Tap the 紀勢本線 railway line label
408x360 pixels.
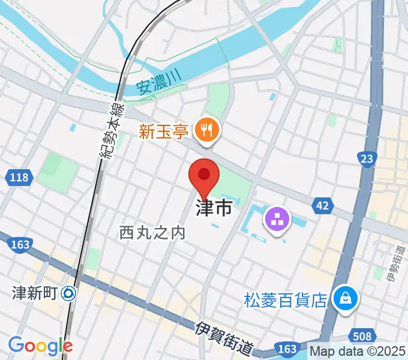click(x=113, y=131)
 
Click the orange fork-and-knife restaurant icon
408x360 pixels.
click(x=208, y=128)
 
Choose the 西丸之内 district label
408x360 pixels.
click(x=152, y=232)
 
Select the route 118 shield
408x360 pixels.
click(x=20, y=177)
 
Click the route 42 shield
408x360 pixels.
click(x=322, y=206)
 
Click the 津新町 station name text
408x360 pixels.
click(x=34, y=293)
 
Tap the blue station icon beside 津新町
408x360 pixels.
click(x=68, y=293)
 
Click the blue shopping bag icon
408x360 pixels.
click(x=346, y=297)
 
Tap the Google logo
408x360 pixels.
click(x=40, y=346)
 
